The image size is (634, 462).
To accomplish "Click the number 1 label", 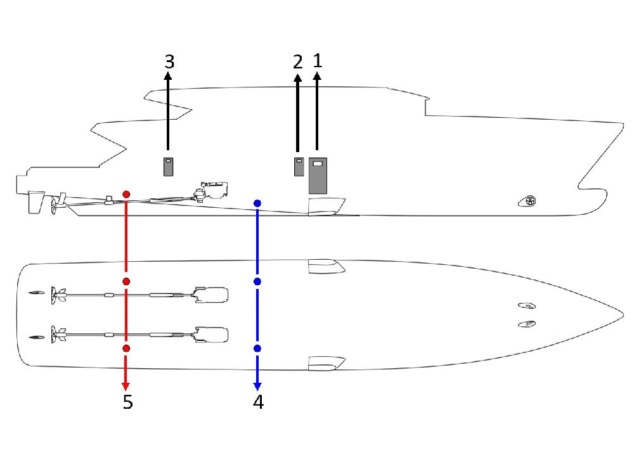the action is pos(318,61).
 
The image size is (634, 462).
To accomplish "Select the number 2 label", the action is pos(297,62).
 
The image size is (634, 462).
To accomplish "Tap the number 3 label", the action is pos(169,61).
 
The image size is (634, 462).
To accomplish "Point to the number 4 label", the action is pos(258,402).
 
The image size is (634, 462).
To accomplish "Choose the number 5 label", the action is pos(128,402).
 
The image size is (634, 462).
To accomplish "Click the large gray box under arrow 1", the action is pos(318,176).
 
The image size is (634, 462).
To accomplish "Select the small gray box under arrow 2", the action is pos(299,167).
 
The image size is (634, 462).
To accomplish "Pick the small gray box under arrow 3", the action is pos(168,167).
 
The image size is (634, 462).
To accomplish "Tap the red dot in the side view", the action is pos(126,195).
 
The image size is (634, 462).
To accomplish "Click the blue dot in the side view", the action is pos(257,203).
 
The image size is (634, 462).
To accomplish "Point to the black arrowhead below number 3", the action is pos(168,76).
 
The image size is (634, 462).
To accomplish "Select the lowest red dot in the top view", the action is pos(126,349).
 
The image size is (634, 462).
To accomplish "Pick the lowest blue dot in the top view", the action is pos(257,349).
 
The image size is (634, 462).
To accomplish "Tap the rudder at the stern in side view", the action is pos(36,202).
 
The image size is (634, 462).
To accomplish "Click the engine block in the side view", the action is pos(214,190).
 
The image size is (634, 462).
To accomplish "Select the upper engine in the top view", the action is pos(211,295).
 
